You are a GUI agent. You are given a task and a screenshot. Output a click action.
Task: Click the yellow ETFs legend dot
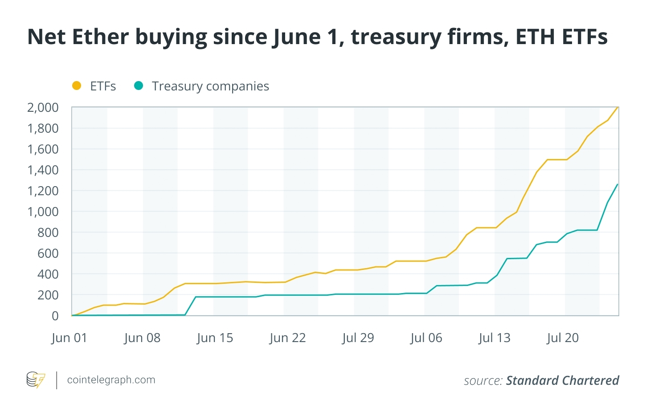[77, 86]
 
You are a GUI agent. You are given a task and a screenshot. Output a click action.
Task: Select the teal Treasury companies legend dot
[139, 86]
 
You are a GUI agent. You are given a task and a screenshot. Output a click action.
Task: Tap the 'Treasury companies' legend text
[210, 86]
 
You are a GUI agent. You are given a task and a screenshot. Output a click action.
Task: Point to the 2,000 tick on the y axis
[43, 107]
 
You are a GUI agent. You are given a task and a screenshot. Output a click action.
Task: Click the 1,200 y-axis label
[43, 191]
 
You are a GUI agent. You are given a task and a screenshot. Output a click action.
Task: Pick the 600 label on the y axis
[48, 253]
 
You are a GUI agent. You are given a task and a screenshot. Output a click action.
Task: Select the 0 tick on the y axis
[55, 316]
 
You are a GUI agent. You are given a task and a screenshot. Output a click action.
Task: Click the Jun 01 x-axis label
[69, 338]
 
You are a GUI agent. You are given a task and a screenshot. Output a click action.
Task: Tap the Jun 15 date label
[215, 338]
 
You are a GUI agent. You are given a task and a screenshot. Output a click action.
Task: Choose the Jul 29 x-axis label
[358, 338]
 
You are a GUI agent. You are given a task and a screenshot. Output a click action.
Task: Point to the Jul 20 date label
[562, 338]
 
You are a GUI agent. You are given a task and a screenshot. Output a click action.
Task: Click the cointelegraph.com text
[111, 380]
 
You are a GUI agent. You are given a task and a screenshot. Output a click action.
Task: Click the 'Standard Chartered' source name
[562, 380]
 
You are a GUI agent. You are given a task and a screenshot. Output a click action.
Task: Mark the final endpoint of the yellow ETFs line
[618, 107]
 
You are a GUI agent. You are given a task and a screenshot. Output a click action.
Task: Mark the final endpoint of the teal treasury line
[617, 184]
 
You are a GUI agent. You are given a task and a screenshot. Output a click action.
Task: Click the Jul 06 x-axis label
[426, 338]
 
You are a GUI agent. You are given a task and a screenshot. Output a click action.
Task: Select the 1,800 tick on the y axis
[43, 128]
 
